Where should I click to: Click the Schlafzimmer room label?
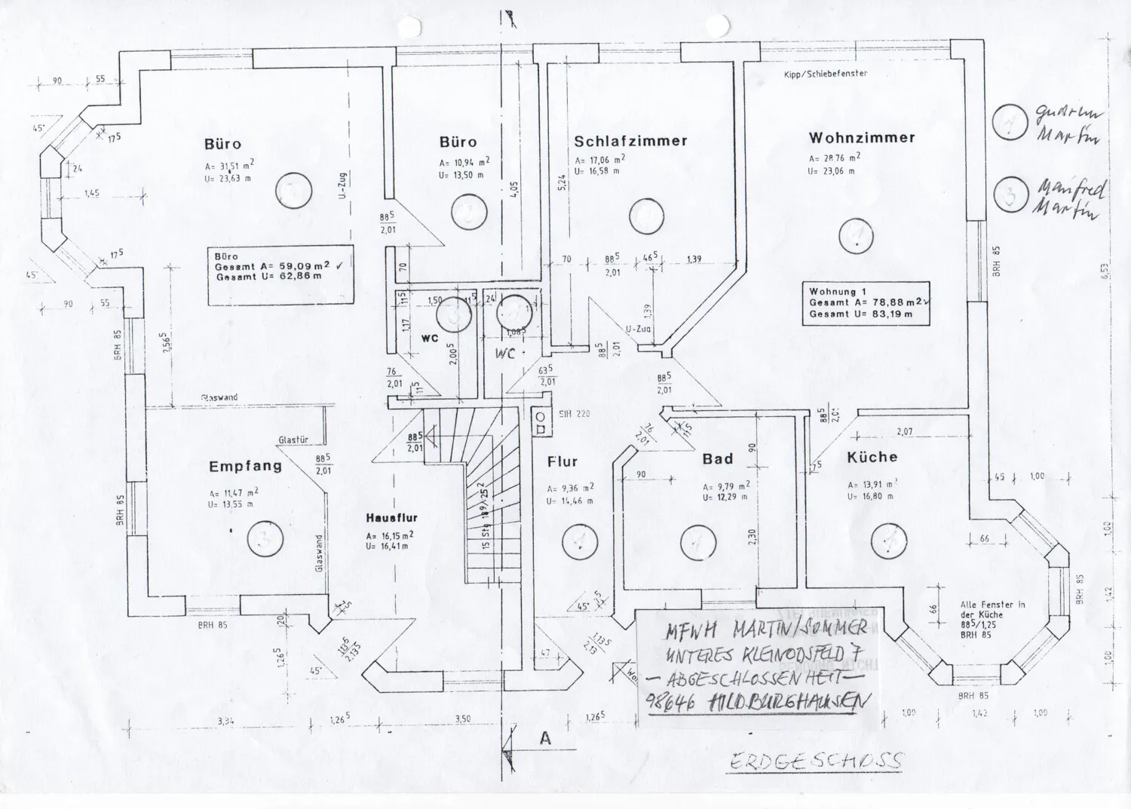coord(630,141)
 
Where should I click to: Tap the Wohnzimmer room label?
coord(862,138)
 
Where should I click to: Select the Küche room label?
coord(872,457)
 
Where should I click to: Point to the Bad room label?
coord(717,459)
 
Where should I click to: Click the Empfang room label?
coord(245,467)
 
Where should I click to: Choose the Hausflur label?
coord(391,518)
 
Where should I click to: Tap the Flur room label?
coord(562,462)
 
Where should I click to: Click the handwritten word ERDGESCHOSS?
coord(816,760)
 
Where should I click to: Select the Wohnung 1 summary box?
coord(868,302)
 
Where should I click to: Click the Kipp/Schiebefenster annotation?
coord(826,74)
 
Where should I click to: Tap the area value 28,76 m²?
coord(834,159)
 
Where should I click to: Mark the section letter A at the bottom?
coord(545,740)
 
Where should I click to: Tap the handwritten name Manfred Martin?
coord(1068,198)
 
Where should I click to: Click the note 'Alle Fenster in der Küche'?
coord(993,609)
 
